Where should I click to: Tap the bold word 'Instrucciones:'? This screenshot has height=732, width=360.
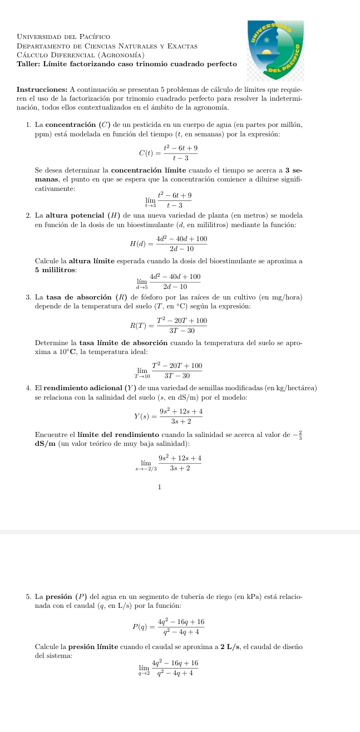click(x=42, y=90)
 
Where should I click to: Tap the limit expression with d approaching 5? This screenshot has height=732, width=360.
click(x=168, y=281)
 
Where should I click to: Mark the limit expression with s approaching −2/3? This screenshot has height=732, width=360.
click(x=167, y=462)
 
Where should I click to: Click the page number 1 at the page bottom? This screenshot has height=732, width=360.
click(x=159, y=487)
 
